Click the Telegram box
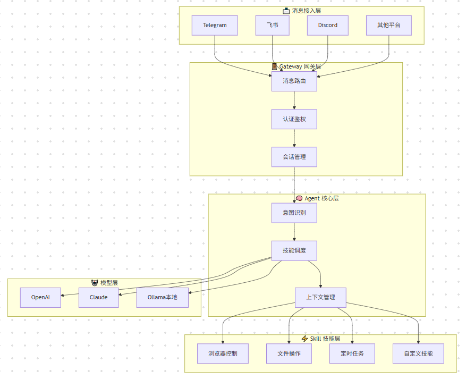tap(215, 26)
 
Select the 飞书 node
tap(273, 26)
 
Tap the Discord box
tap(328, 26)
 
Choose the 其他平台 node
tap(389, 26)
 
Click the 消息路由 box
tap(294, 81)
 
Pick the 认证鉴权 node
tap(294, 119)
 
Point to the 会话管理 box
tap(294, 157)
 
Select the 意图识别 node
tap(294, 213)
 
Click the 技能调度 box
tap(294, 250)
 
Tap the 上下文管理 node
tap(320, 297)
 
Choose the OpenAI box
tap(40, 297)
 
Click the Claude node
tap(98, 297)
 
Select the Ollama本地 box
tap(163, 297)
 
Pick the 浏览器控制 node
tap(223, 353)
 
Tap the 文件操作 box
tap(289, 353)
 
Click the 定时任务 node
tap(352, 353)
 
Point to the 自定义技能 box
tap(418, 353)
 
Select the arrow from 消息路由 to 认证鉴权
tap(294, 100)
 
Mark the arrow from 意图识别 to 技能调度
tap(294, 232)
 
